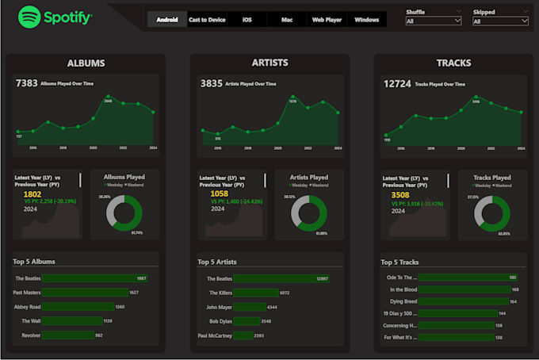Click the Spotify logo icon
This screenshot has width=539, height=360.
pos(29,16)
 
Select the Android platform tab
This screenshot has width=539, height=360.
pos(167,20)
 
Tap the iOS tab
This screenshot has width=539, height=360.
pos(247,20)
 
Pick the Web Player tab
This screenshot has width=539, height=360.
pos(327,20)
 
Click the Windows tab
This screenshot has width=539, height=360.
pos(367,20)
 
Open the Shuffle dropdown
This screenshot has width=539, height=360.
pos(434,21)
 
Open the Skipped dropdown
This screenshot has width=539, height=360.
pos(500,21)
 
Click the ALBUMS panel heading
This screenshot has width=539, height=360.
pos(86,63)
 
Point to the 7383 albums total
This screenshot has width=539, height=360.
pos(26,82)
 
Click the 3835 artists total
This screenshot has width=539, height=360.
pos(212,82)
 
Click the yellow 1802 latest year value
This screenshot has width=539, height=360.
pos(32,193)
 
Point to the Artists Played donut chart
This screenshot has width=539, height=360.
pos(308,212)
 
